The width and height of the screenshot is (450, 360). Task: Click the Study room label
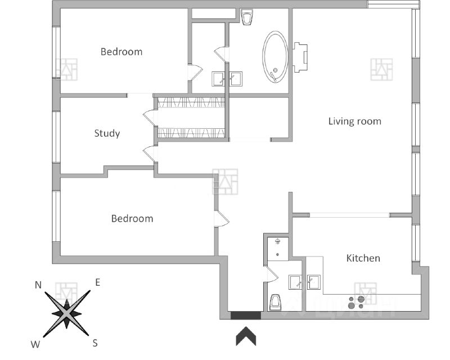coord(107,133)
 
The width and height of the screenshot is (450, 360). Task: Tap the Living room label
coord(354,121)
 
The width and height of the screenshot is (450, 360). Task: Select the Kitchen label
coord(363,258)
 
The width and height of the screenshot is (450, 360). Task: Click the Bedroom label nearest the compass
coord(132,218)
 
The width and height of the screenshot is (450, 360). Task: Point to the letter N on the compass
coord(38,285)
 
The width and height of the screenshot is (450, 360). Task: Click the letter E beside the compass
coord(97,282)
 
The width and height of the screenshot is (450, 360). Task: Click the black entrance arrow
coord(246,336)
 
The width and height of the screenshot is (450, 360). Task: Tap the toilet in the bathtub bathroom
coord(246,17)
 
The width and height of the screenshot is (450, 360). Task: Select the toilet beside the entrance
coord(276,302)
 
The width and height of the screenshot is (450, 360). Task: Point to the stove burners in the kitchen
coord(356,302)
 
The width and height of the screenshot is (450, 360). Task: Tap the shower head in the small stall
coord(277,242)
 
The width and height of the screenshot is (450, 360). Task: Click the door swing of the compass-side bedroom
coord(220,218)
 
